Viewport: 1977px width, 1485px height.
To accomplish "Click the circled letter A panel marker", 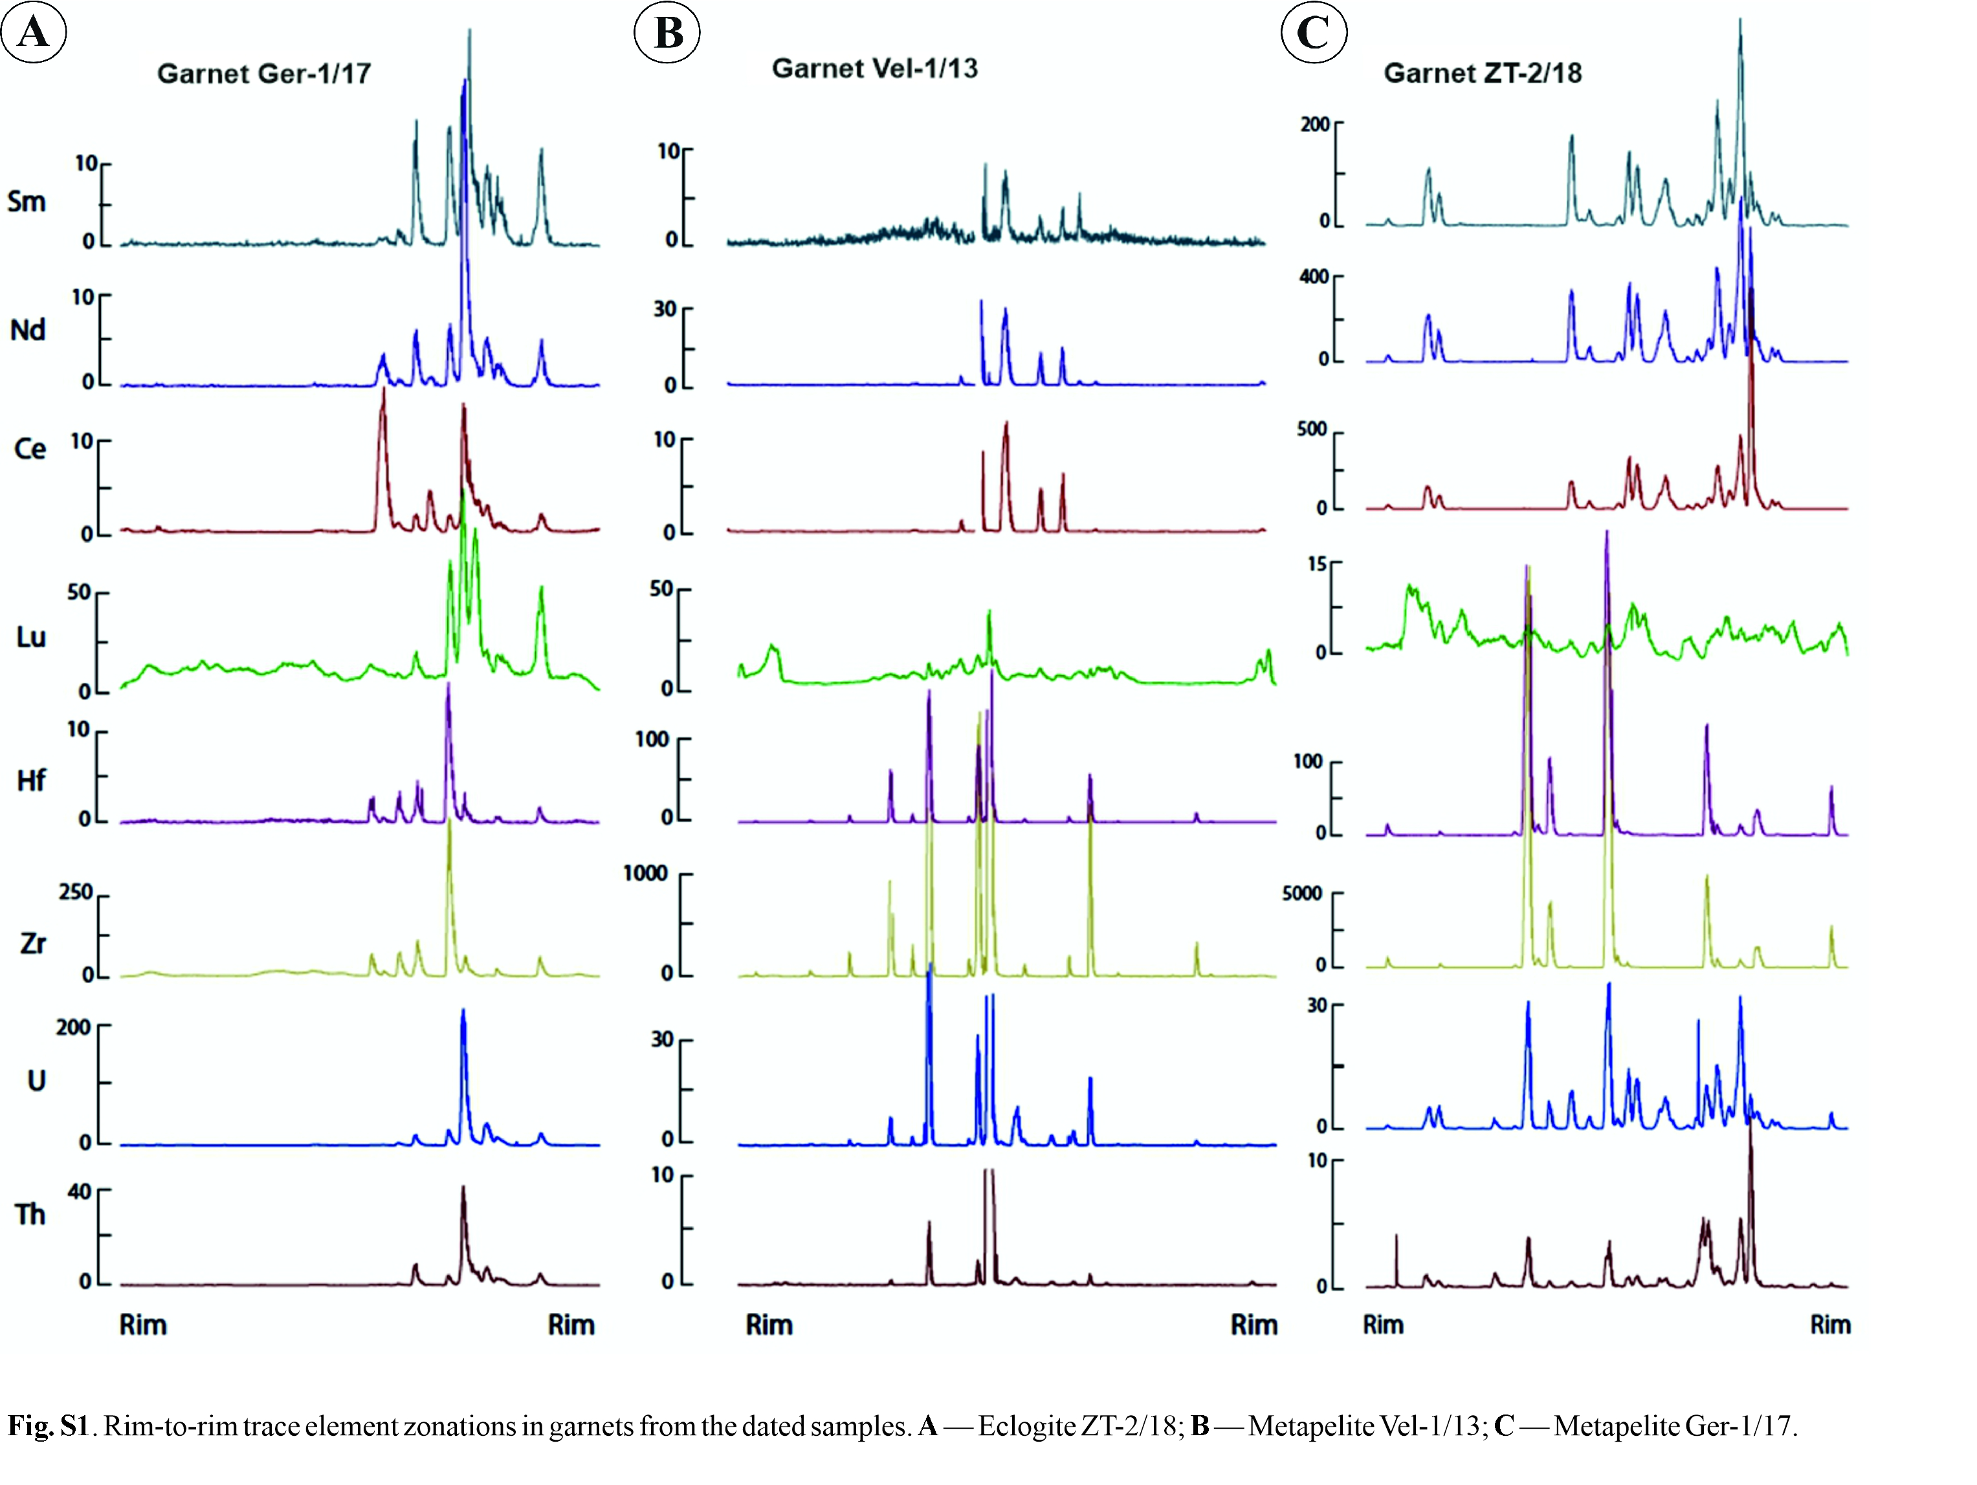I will [34, 32].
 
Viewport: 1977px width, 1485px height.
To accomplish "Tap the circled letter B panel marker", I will [667, 32].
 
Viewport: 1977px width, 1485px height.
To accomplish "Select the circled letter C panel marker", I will [1313, 32].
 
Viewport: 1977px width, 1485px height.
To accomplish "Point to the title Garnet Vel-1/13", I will [874, 68].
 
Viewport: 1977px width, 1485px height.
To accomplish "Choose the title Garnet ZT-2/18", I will [1482, 72].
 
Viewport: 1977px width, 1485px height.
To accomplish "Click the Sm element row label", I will [27, 201].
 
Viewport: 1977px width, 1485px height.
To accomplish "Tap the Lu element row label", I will [30, 637].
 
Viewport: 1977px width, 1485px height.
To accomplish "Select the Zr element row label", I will [33, 942].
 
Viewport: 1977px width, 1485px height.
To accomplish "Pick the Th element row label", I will [30, 1214].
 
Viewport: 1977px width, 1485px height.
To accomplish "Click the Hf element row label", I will [31, 781].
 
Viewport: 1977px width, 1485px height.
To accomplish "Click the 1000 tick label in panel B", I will [645, 873].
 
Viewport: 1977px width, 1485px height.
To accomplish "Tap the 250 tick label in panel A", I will [76, 893].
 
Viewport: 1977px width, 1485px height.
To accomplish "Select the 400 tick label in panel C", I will [1313, 276].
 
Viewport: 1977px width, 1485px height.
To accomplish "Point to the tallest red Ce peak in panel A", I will [382, 393].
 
